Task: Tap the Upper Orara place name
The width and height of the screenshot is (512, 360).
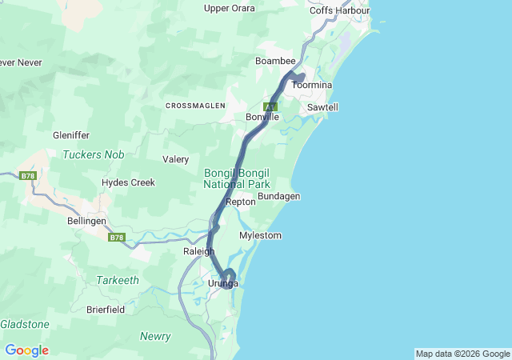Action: point(230,8)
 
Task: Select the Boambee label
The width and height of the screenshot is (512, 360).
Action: point(275,61)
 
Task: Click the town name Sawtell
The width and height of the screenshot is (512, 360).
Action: point(322,106)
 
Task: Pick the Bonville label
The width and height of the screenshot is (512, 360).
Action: point(262,117)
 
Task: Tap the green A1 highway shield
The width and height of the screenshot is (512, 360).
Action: point(271,106)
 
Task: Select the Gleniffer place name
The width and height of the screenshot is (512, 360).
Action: point(71,136)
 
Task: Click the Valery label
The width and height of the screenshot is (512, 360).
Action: point(175,159)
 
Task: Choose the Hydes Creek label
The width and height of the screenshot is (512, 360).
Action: point(128,182)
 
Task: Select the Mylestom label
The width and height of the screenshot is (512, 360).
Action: point(260,235)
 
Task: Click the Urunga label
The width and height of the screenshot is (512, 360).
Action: point(223,284)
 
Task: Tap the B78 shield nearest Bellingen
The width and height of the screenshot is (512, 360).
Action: point(117,237)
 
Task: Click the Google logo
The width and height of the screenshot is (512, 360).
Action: point(26,350)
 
